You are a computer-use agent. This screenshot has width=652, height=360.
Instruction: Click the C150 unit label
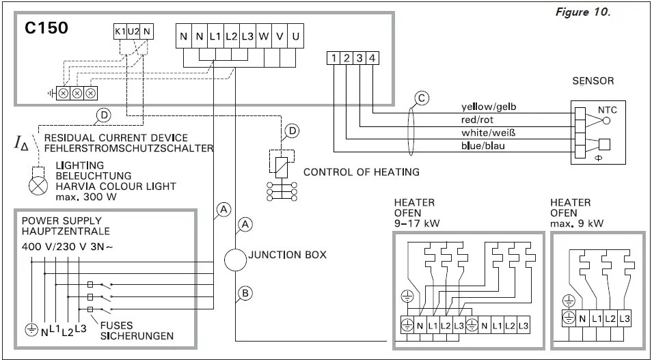point(46,30)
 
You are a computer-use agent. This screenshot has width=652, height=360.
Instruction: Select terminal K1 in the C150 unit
point(120,31)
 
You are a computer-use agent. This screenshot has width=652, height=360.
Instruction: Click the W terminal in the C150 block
point(264,37)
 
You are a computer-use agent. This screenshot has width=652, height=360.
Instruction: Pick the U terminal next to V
point(295,37)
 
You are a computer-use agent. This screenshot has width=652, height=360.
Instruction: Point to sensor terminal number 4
point(372,59)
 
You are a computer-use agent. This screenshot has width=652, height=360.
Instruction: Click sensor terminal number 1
point(333,59)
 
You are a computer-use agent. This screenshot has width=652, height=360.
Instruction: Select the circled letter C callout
point(422,98)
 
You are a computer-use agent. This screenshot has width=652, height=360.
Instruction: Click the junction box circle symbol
point(235,259)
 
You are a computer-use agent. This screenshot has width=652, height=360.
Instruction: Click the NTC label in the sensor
point(607,109)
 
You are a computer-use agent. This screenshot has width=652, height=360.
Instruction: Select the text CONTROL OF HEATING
point(361,172)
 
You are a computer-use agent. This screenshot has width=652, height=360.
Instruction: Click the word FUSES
point(117,325)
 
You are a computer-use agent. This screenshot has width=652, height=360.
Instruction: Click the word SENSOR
point(593,81)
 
